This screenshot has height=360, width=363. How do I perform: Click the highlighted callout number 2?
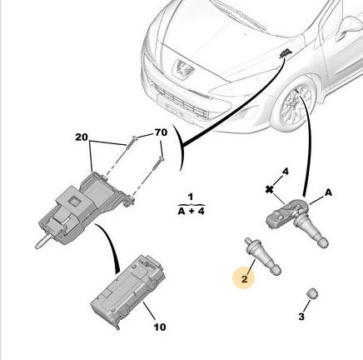[244, 278]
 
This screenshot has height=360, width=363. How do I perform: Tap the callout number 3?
[301, 316]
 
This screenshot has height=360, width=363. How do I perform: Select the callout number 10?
[160, 327]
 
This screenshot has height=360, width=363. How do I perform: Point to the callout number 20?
[82, 137]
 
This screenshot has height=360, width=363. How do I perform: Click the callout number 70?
[161, 132]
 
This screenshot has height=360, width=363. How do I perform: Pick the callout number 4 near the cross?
[285, 172]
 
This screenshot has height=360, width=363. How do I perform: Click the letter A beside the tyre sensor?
[328, 192]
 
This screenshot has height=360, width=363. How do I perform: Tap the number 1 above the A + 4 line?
[191, 197]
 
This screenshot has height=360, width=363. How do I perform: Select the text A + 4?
[191, 211]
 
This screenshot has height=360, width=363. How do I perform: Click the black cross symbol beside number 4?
[269, 190]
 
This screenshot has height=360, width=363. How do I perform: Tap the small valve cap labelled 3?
[312, 293]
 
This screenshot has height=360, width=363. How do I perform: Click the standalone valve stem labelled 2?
[263, 257]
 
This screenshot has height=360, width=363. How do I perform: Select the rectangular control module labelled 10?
[128, 291]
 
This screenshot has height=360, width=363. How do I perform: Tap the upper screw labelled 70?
[132, 142]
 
